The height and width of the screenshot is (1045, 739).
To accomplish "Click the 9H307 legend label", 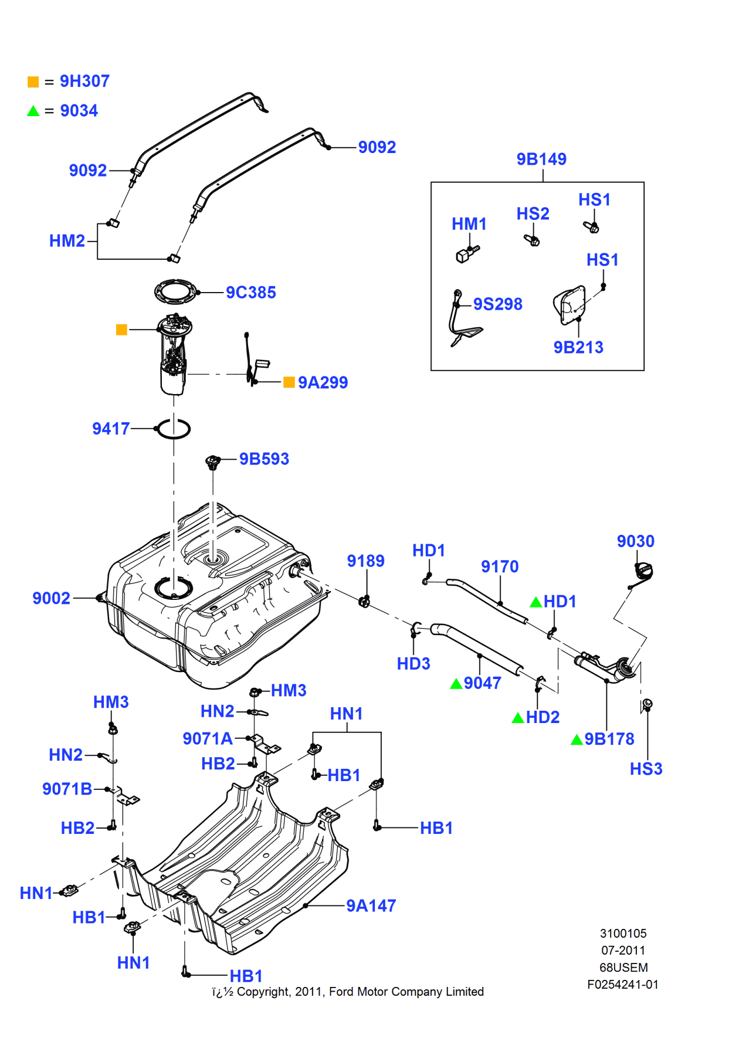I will pos(84,81).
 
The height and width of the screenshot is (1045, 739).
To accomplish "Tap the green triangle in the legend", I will pos(33,111).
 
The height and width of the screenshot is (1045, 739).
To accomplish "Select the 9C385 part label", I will pos(250,292).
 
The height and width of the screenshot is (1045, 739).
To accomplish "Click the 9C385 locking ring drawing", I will pos(175,291).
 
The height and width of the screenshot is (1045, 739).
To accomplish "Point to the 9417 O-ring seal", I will pos(174,429).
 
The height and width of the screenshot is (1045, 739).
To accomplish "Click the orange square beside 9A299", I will pos(289,382).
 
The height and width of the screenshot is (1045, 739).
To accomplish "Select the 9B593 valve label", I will pos(264,459).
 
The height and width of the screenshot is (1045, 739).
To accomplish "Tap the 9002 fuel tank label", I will pos(51,598).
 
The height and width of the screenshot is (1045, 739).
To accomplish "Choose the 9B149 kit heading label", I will pos(541,159).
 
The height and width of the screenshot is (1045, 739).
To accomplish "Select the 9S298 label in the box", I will pos(497,304).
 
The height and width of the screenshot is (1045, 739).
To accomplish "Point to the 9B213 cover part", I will pos(569,304).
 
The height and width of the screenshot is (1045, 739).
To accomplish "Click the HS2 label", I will pos(533,213).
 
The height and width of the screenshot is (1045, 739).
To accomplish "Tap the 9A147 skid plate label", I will pos(371,905).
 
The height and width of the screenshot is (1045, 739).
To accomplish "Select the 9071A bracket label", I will pos(207,738).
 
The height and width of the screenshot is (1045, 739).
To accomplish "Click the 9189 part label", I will pos(365,561).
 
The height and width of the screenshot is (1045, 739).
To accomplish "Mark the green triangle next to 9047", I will pos(456,684).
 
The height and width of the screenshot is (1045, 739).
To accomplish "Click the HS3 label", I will pos(646,769).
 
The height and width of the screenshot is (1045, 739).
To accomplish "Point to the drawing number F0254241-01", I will pos(622,985).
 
